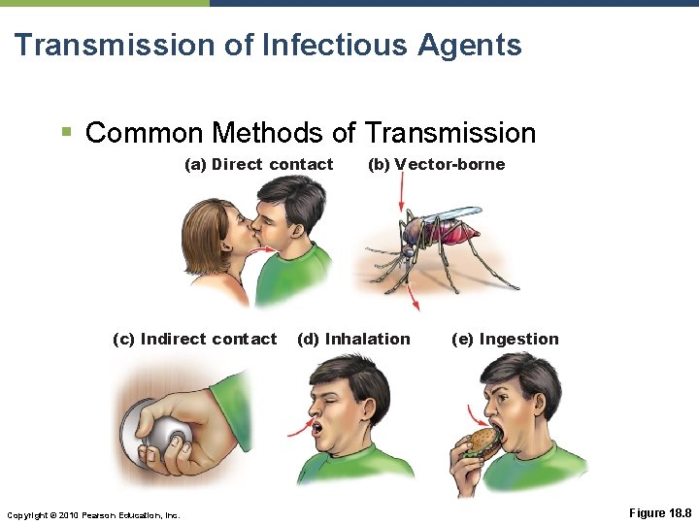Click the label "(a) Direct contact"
[258, 164]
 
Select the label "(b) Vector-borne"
[436, 164]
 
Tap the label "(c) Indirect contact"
[194, 339]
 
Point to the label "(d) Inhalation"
[353, 339]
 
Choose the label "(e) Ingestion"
[505, 339]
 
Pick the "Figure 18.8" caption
[659, 511]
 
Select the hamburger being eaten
[481, 443]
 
